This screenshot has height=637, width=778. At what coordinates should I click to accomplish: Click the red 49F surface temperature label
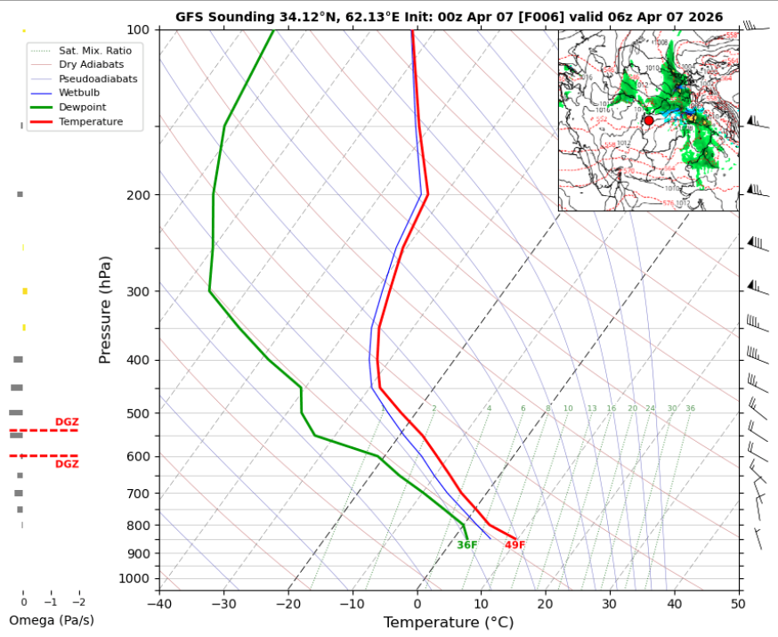point(515,545)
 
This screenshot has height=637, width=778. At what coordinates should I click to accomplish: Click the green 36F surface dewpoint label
point(467,545)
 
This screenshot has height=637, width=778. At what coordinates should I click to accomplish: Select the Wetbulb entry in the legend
point(78,93)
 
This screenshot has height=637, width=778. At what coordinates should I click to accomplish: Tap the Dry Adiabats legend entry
point(91,64)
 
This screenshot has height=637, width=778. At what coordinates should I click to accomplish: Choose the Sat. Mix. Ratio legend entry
point(95,51)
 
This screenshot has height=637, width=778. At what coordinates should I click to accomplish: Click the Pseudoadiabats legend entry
point(98,78)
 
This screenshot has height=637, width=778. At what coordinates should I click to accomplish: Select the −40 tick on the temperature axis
point(159,603)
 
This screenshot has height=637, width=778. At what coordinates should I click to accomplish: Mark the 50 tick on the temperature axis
point(738,603)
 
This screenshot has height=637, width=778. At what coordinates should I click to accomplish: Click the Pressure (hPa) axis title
point(105,309)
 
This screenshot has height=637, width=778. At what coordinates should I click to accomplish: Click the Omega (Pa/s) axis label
point(51,620)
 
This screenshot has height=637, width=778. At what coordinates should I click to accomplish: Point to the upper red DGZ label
point(67,422)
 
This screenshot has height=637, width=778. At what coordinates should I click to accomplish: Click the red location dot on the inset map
point(649,120)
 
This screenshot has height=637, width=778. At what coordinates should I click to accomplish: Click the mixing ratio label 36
point(690,409)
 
